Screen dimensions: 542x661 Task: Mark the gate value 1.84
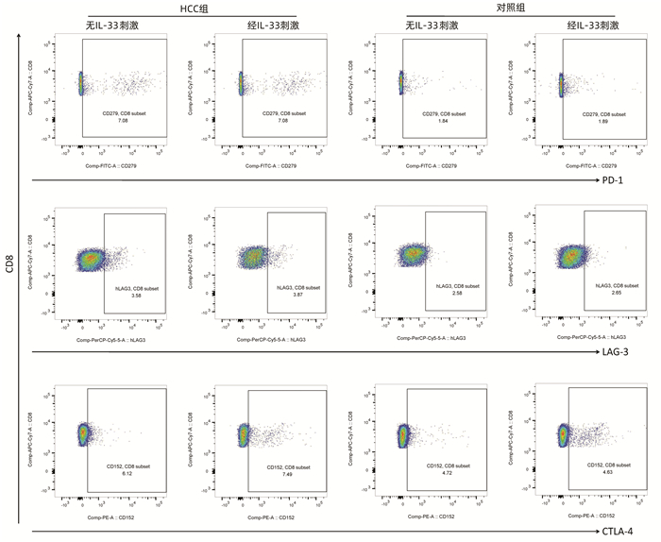point(443,122)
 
